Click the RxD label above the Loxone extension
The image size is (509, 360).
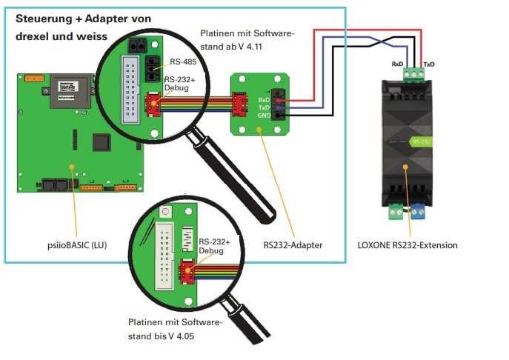[x=397, y=64]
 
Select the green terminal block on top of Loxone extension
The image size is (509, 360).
[x=413, y=73]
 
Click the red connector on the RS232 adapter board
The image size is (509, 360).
[x=240, y=103]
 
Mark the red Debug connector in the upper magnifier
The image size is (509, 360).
[x=153, y=104]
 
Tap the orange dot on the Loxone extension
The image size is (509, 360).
[x=405, y=167]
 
